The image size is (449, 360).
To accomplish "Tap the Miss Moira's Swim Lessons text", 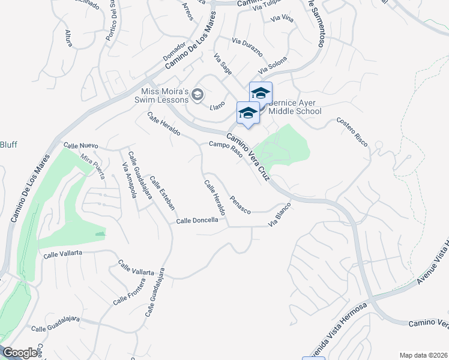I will click(x=164, y=96).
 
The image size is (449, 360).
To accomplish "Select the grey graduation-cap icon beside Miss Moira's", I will click(x=197, y=95).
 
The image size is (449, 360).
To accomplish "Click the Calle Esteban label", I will click(x=162, y=192).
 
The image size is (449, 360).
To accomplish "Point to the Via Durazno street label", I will click(x=247, y=47).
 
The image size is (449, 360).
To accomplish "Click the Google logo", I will click(x=20, y=353).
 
